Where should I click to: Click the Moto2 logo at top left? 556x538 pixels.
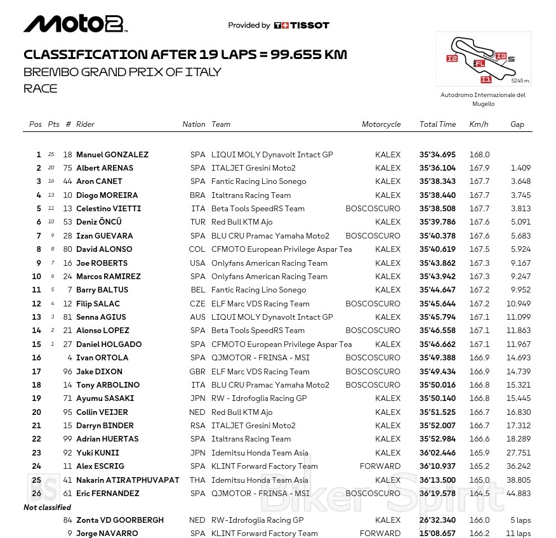click(x=76, y=24)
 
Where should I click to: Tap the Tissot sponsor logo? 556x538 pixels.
click(x=301, y=25)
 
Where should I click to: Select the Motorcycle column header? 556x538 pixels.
click(x=381, y=124)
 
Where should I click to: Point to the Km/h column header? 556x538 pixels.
click(x=479, y=124)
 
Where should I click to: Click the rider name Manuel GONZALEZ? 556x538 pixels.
click(x=112, y=155)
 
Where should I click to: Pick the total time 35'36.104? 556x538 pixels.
click(x=437, y=168)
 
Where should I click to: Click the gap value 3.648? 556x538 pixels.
click(x=520, y=181)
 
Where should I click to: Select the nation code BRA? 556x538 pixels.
click(x=197, y=195)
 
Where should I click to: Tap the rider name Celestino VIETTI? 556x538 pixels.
click(x=109, y=209)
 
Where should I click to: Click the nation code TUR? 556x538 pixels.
click(x=197, y=222)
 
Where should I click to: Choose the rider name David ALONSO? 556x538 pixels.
click(x=104, y=249)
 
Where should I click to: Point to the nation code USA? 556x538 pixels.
click(x=197, y=263)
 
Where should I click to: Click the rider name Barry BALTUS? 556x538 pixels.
click(x=102, y=290)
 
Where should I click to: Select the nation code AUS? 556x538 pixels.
click(x=197, y=317)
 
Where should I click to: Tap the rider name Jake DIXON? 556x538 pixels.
click(x=99, y=372)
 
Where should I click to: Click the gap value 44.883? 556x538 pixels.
click(x=518, y=494)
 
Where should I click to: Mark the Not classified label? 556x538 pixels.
click(x=47, y=508)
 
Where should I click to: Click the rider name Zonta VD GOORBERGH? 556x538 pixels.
click(x=120, y=520)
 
